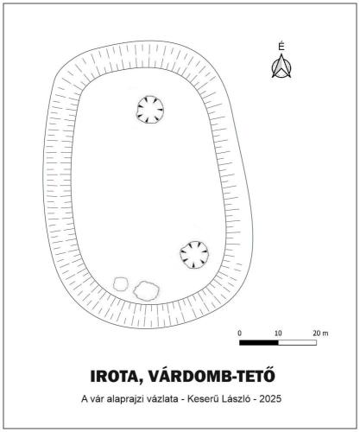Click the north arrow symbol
pyautogui.click(x=281, y=67)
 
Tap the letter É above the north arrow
pyautogui.click(x=281, y=47)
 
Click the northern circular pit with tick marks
pyautogui.click(x=150, y=110)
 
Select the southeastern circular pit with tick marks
pyautogui.click(x=194, y=255)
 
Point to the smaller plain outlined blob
pyautogui.click(x=121, y=283)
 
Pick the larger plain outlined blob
pyautogui.click(x=147, y=290)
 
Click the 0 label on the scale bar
pyautogui.click(x=240, y=334)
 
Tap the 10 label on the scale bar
pyautogui.click(x=278, y=334)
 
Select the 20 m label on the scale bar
pyautogui.click(x=320, y=334)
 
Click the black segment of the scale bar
pyautogui.click(x=259, y=342)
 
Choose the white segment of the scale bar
pyautogui.click(x=298, y=342)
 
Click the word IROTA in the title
pyautogui.click(x=113, y=376)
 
